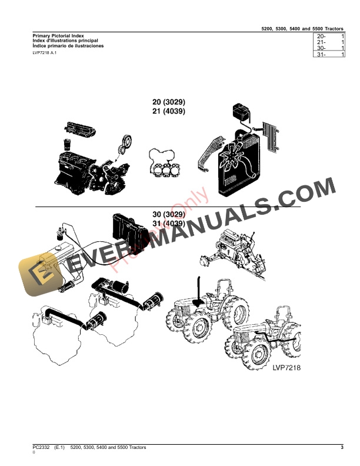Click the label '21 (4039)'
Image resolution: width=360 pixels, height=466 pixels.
click(169, 111)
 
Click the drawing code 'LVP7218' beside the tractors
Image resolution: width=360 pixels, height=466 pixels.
click(286, 367)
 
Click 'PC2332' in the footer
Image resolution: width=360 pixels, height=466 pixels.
click(42, 448)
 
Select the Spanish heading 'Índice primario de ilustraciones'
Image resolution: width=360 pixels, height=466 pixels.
click(68, 45)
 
